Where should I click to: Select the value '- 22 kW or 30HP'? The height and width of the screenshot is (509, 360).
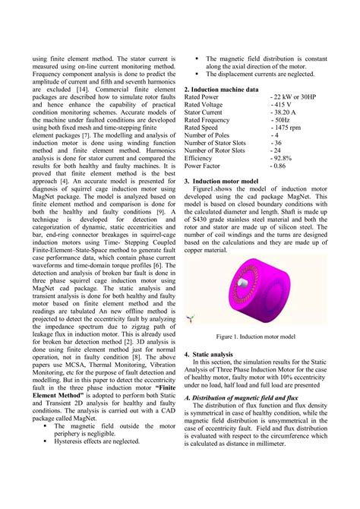[x=292, y=98]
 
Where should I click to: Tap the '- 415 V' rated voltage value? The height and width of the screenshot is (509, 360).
[x=281, y=106]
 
